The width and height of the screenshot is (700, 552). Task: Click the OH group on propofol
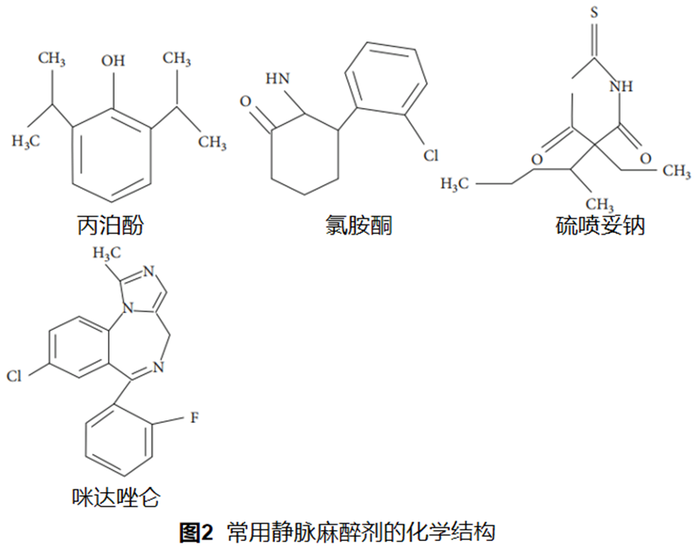coord(112,61)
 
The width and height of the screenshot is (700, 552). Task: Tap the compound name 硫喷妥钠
coord(600,225)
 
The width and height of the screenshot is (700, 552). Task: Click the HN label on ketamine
coord(277,78)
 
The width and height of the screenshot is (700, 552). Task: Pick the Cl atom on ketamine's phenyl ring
coord(431,155)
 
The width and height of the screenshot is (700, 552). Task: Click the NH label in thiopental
coord(621,85)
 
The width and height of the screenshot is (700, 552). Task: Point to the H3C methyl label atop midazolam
coord(108,251)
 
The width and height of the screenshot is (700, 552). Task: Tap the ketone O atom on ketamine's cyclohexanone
coord(245,101)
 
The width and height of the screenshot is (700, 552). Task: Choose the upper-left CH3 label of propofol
coord(51,58)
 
